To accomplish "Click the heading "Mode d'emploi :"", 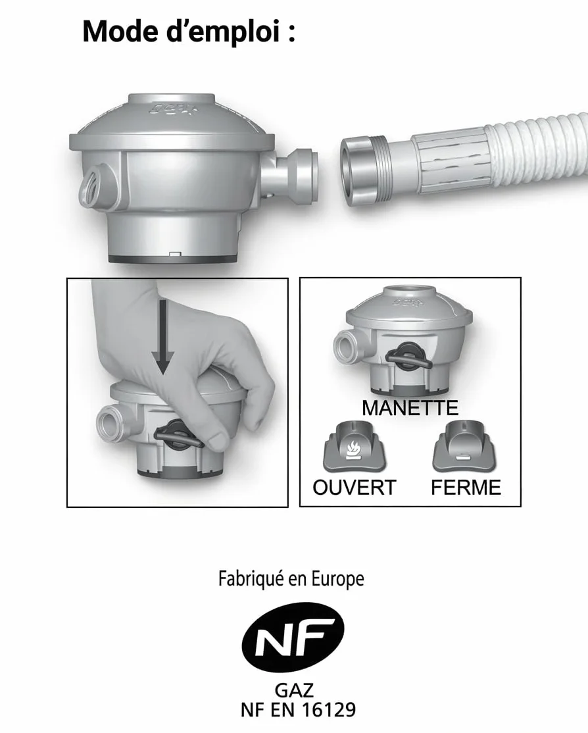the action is (x=189, y=32).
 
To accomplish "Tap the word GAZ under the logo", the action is (x=294, y=691).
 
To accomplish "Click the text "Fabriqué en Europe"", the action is (x=291, y=579).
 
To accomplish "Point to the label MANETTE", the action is (x=410, y=408).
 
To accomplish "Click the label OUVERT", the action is (x=355, y=488).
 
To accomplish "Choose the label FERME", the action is (x=466, y=488).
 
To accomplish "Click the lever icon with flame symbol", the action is (x=354, y=447).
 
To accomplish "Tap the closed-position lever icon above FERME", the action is (x=464, y=447).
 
